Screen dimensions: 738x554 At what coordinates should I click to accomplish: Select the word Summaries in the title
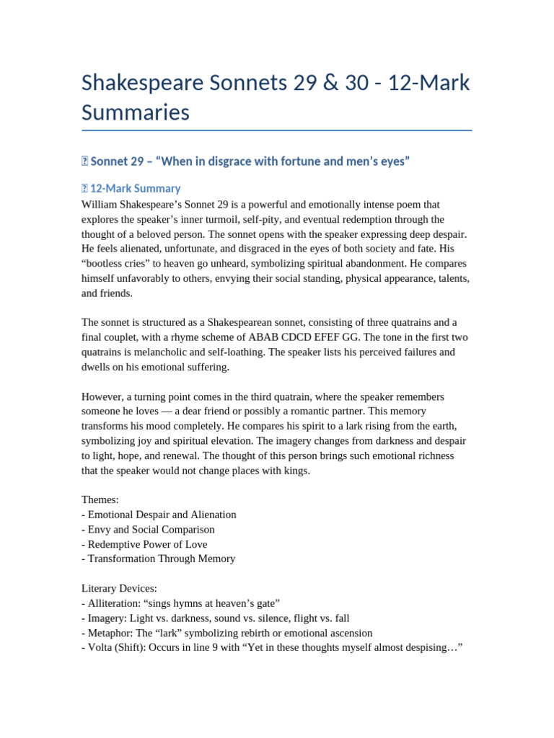[136, 112]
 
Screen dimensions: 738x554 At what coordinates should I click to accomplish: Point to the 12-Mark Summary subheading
[135, 188]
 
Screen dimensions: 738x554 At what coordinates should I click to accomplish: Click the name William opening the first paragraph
[101, 204]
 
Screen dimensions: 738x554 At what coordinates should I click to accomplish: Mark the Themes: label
[102, 500]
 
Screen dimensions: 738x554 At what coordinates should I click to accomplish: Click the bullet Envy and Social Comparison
[151, 530]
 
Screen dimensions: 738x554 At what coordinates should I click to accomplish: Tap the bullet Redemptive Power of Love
[146, 544]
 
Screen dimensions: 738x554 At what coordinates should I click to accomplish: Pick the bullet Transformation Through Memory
[161, 559]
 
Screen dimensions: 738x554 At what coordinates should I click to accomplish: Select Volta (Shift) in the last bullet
[120, 648]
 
